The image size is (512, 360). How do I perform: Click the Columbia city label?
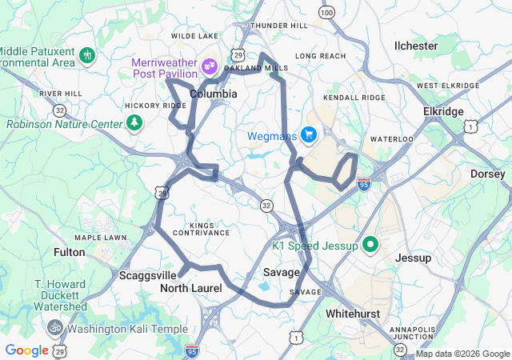(x=213, y=94)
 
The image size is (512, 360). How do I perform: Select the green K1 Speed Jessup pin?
(x=370, y=244)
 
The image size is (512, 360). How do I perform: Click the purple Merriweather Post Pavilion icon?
(x=210, y=66)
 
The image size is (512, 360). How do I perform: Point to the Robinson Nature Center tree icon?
(x=135, y=123)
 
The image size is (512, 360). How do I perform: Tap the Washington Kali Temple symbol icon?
(x=55, y=328)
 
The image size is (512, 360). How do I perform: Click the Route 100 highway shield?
(x=326, y=13)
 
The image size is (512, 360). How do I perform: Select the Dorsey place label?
(x=488, y=174)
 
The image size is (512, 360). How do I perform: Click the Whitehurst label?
(x=353, y=314)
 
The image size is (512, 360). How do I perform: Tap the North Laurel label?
(x=190, y=287)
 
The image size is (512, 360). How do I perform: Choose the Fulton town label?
(x=69, y=252)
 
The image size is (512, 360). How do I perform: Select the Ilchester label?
(x=416, y=46)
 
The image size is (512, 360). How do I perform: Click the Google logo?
(x=26, y=350)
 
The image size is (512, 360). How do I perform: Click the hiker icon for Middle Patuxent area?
(x=87, y=55)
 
